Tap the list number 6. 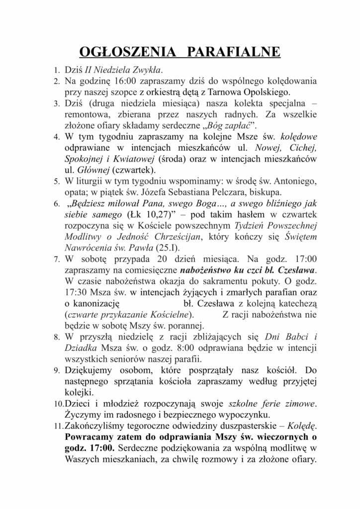[x=57, y=205]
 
